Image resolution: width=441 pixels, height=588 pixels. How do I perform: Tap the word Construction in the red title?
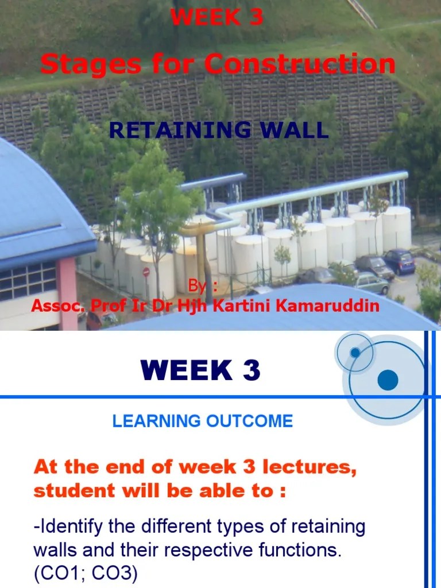(x=300, y=64)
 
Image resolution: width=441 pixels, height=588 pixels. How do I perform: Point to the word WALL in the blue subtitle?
(x=300, y=130)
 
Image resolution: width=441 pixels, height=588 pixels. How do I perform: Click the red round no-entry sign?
(x=146, y=272)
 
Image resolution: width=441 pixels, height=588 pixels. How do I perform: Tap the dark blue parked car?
(x=399, y=261)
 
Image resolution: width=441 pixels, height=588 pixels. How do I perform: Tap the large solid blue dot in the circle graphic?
(x=388, y=380)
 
